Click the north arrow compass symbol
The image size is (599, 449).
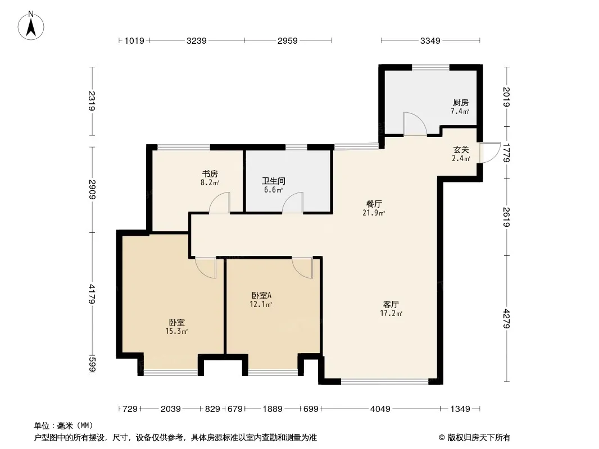pyautogui.click(x=31, y=26)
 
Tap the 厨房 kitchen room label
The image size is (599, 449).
pyautogui.click(x=461, y=102)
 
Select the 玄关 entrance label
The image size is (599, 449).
pyautogui.click(x=461, y=149)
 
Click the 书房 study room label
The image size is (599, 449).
pyautogui.click(x=210, y=174)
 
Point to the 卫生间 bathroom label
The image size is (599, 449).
pyautogui.click(x=274, y=181)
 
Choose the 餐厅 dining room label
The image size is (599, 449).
pyautogui.click(x=374, y=204)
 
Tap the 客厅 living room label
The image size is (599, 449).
pyautogui.click(x=391, y=304)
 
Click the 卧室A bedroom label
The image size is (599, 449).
pyautogui.click(x=261, y=295)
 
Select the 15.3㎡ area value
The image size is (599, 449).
pyautogui.click(x=176, y=331)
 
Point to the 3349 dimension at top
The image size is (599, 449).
pyautogui.click(x=430, y=40)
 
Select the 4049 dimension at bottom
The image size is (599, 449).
pyautogui.click(x=380, y=409)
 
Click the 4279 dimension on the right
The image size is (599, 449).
pyautogui.click(x=506, y=319)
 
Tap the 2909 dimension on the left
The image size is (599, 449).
pyautogui.click(x=92, y=189)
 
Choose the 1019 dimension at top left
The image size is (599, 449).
pyautogui.click(x=134, y=40)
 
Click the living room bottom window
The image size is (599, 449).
pyautogui.click(x=385, y=381)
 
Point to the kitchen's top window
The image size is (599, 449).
pyautogui.click(x=430, y=67)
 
